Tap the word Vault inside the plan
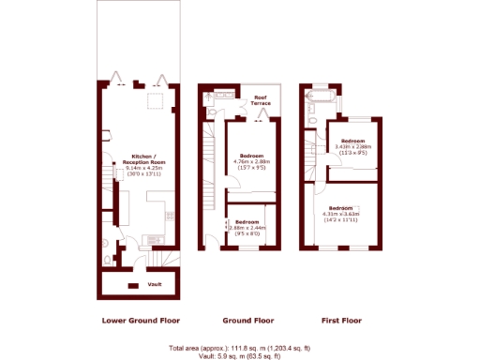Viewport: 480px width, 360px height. [155, 282]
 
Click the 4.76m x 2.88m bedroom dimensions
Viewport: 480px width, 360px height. [252, 165]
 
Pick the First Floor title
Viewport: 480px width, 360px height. [340, 321]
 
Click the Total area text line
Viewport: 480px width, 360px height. [240, 349]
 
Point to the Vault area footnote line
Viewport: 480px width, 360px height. [240, 356]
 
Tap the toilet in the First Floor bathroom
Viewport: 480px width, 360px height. [309, 119]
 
